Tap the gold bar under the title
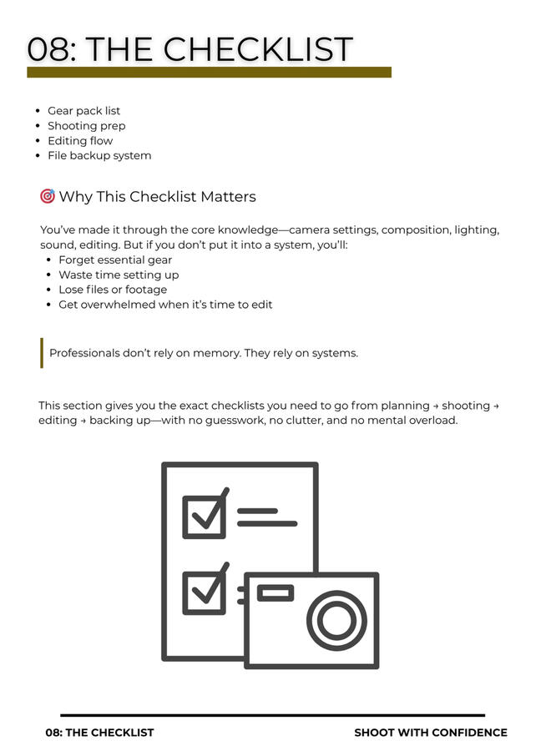click(209, 73)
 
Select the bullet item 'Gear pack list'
click(83, 111)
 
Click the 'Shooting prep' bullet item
click(86, 126)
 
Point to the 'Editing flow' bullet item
click(79, 141)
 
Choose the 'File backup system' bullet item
click(99, 156)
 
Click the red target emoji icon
click(48, 196)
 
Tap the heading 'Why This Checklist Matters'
click(157, 197)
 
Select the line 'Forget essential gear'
click(115, 260)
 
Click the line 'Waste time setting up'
click(119, 275)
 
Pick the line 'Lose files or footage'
click(113, 290)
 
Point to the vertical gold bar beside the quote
click(41, 353)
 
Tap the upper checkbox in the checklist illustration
click(204, 517)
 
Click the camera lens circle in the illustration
click(336, 620)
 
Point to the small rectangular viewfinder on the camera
click(275, 593)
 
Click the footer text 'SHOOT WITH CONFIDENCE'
click(430, 733)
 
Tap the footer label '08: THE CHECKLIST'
click(99, 733)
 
